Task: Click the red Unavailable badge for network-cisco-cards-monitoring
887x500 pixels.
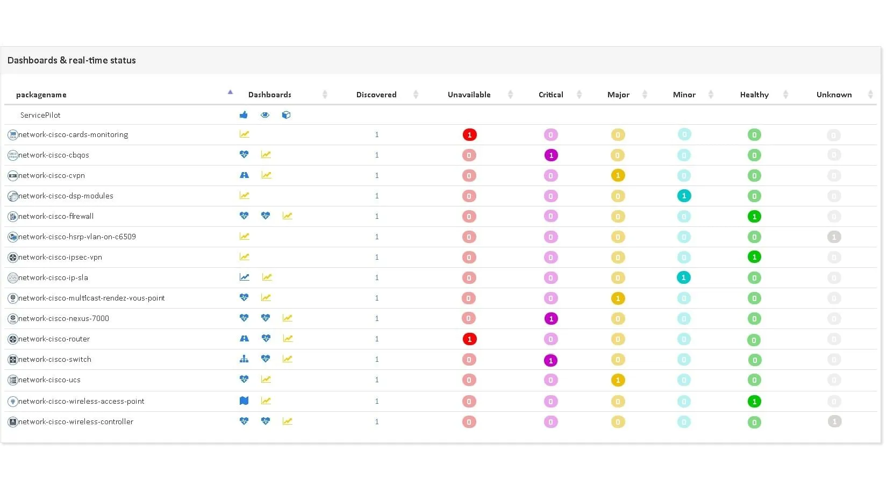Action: coord(469,135)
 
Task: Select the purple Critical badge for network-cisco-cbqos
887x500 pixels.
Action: coord(550,155)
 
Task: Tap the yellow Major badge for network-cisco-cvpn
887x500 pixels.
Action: coord(618,176)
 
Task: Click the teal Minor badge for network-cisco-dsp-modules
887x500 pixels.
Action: coord(684,196)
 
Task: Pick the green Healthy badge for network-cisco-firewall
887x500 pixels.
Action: coord(754,217)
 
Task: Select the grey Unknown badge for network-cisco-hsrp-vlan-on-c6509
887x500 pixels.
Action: coord(834,237)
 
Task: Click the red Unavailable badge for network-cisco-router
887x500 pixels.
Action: coord(469,339)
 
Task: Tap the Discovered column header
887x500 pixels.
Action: coord(376,95)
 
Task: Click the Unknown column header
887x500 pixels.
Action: coord(834,95)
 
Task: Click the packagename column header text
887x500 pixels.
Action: coord(41,95)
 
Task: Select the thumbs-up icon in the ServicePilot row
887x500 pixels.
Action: coord(244,115)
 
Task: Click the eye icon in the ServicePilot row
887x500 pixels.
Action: coord(265,115)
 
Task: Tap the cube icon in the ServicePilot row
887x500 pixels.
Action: coord(286,115)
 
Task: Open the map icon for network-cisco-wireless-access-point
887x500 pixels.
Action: coord(244,401)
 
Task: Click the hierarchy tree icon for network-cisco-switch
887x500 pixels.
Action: coord(244,359)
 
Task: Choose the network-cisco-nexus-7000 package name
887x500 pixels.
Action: coord(63,318)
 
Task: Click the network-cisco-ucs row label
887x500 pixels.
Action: coord(49,380)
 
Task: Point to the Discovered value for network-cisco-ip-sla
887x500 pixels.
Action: coord(377,277)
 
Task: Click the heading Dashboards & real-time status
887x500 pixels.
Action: coord(71,60)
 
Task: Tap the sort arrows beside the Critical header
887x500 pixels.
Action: coord(579,95)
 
